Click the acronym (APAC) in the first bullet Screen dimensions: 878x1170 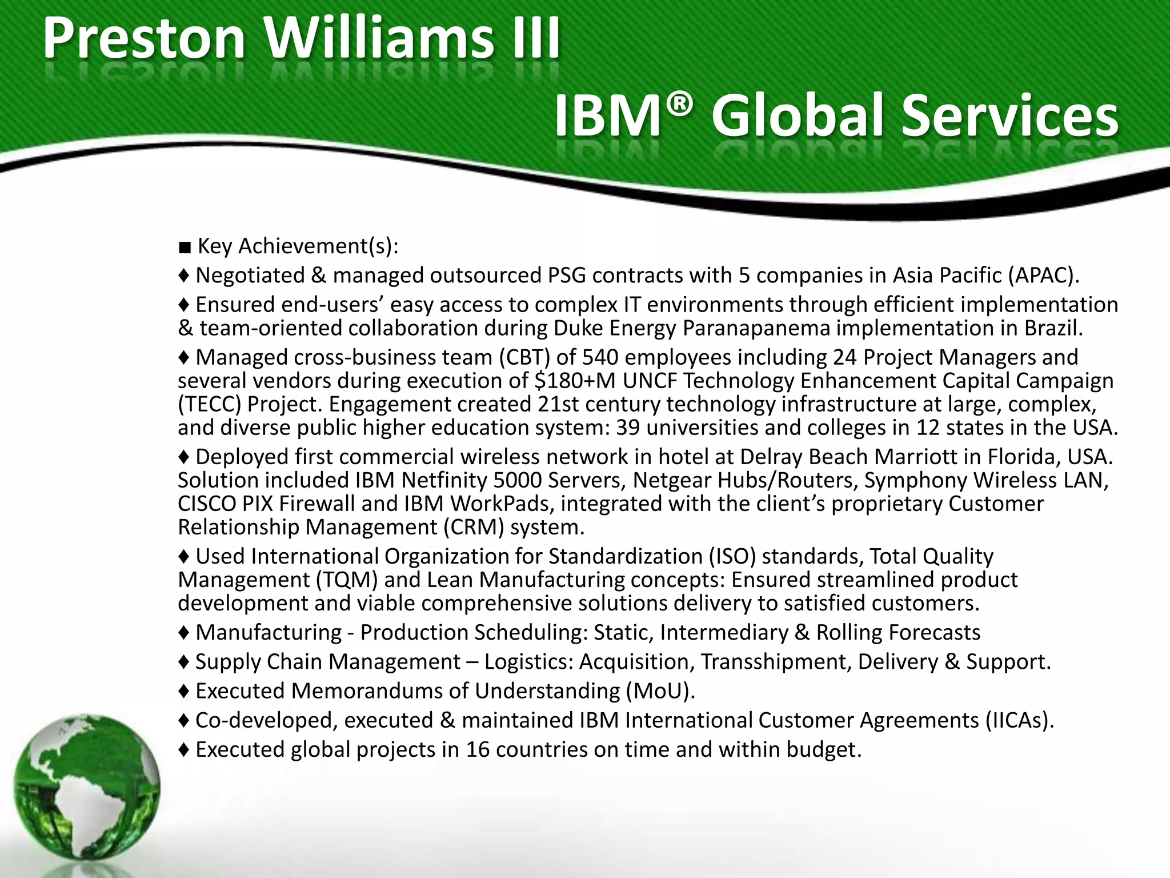point(1043,276)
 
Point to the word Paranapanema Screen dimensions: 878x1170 point(756,328)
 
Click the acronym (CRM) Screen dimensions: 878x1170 point(474,527)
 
